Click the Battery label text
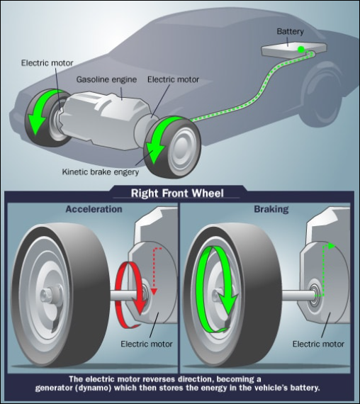[290, 32]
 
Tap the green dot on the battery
[300, 50]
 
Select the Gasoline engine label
[106, 79]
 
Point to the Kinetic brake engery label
[101, 172]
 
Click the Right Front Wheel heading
[177, 193]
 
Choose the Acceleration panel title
[94, 209]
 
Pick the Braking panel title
[271, 209]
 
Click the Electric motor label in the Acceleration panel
[147, 344]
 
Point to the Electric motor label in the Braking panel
[318, 344]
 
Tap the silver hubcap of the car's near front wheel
[184, 150]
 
